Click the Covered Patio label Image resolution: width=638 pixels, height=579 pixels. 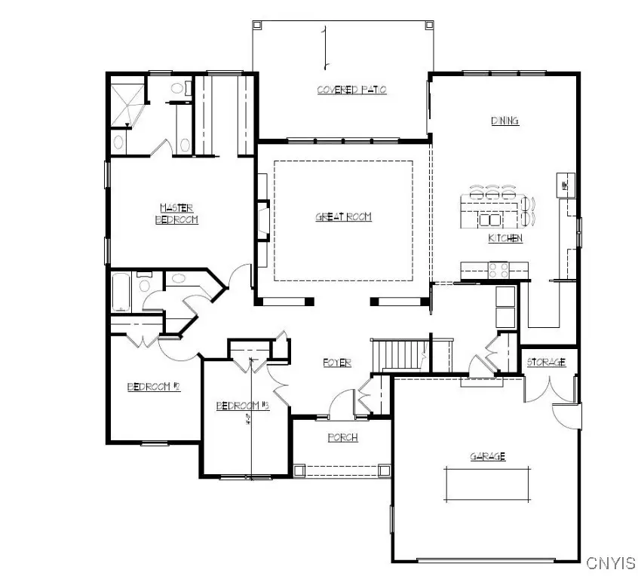coord(351,90)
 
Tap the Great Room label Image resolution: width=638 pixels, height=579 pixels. coord(343,217)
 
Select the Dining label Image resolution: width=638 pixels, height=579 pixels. coord(505,121)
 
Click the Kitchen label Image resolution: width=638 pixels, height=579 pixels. coord(505,238)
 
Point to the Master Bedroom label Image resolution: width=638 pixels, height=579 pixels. coord(177,213)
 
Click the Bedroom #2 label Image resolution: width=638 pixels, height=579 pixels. coord(153,387)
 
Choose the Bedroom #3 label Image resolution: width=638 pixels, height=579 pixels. coord(243,406)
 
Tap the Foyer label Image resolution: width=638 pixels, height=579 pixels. coord(337,363)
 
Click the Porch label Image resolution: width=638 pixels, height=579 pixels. coord(342,437)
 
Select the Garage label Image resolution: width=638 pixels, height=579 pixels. coord(487,456)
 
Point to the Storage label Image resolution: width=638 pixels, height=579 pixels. coord(546,363)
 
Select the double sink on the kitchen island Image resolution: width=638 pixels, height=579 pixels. coord(490,219)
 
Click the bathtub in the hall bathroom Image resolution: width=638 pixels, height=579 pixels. coord(121,293)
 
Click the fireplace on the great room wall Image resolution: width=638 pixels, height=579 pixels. coord(262,219)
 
